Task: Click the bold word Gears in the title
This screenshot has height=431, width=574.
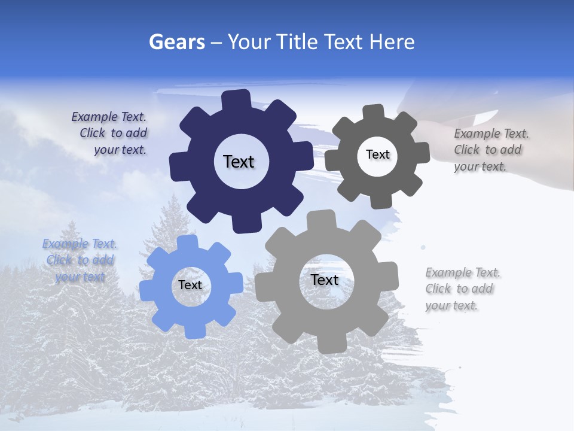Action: coord(177,42)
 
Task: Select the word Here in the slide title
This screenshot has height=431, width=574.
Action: coord(392,42)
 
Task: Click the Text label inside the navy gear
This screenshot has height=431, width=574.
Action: coord(239,162)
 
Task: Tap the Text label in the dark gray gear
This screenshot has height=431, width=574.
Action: coord(377,154)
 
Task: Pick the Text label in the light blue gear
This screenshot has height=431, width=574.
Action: coord(190,286)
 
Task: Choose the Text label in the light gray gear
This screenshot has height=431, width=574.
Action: coord(325,280)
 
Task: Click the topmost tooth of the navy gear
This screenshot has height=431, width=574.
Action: coord(237,100)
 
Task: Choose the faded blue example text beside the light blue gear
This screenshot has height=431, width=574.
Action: coord(80,260)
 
